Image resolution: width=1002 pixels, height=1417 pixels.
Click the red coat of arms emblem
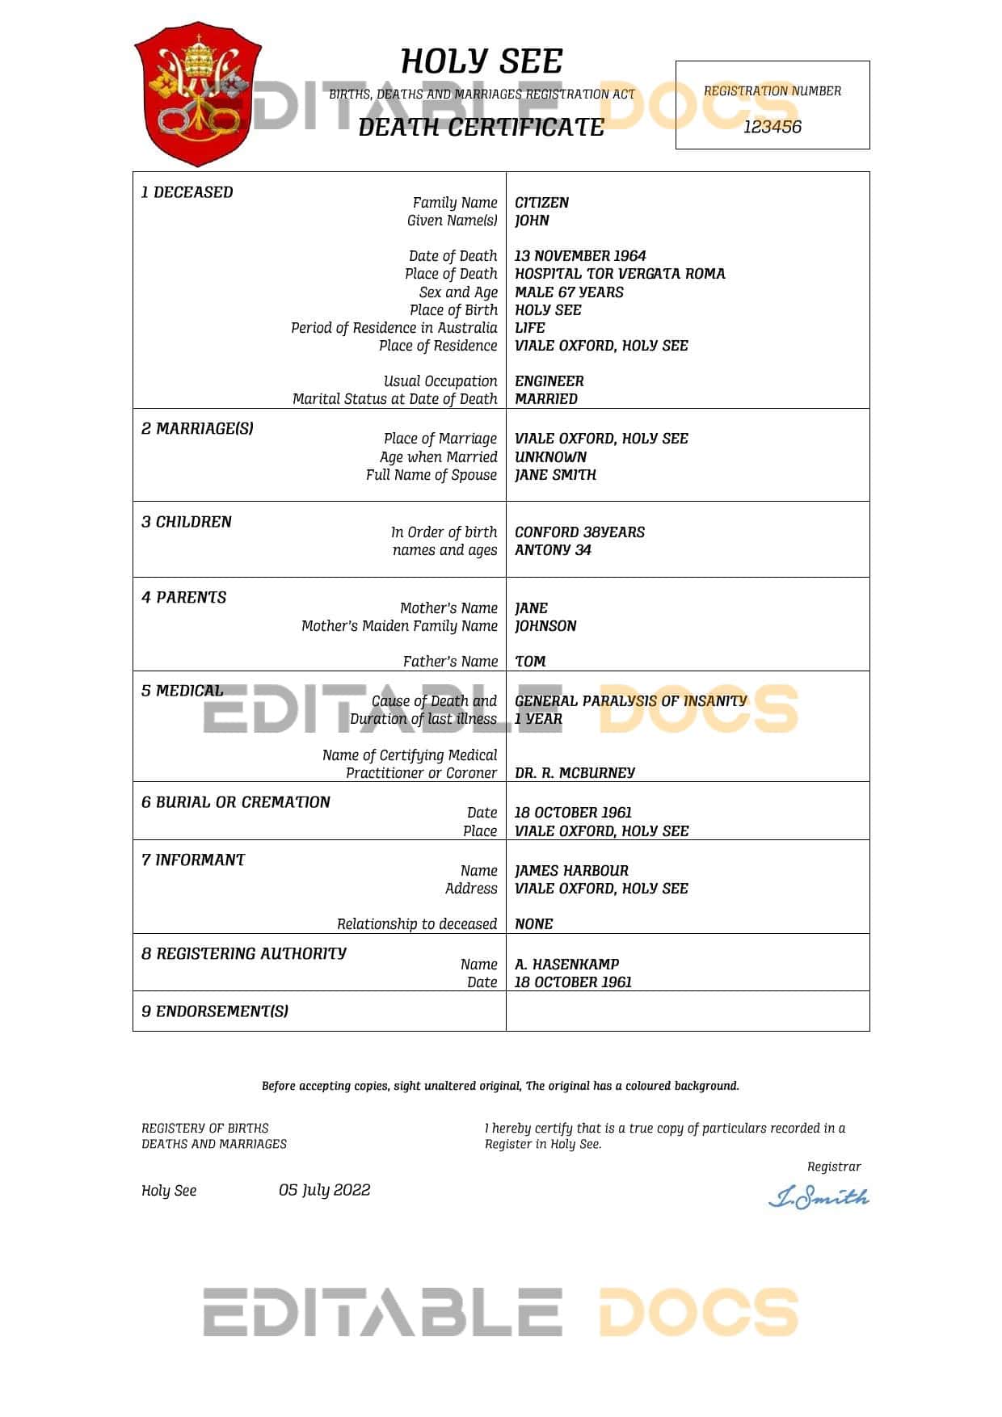197,93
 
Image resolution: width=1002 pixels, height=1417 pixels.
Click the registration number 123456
772,127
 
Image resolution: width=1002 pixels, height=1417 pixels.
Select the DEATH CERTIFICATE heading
481,128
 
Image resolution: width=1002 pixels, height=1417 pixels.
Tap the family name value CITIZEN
541,203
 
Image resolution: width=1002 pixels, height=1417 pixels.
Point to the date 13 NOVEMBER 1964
580,256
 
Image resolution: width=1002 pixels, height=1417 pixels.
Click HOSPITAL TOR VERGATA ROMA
620,274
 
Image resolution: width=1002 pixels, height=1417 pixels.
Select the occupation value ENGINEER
549,381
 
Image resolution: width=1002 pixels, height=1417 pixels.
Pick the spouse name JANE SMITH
555,475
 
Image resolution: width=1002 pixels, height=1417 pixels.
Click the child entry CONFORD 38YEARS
579,532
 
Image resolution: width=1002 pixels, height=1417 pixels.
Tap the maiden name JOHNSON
545,626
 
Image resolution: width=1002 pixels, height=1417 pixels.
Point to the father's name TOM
530,662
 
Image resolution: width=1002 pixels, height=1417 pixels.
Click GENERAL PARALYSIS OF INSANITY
630,701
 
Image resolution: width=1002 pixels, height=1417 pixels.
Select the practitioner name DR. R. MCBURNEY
575,773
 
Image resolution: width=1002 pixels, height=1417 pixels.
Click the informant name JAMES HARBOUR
571,871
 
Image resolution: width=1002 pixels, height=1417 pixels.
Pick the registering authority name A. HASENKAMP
566,965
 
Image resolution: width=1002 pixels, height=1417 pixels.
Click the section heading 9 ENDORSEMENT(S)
215,1011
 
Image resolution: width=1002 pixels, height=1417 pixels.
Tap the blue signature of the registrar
818,1197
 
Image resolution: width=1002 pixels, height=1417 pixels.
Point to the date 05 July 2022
324,1190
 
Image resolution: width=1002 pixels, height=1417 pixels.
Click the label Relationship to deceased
416,924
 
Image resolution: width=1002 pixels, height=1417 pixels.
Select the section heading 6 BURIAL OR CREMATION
236,802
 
